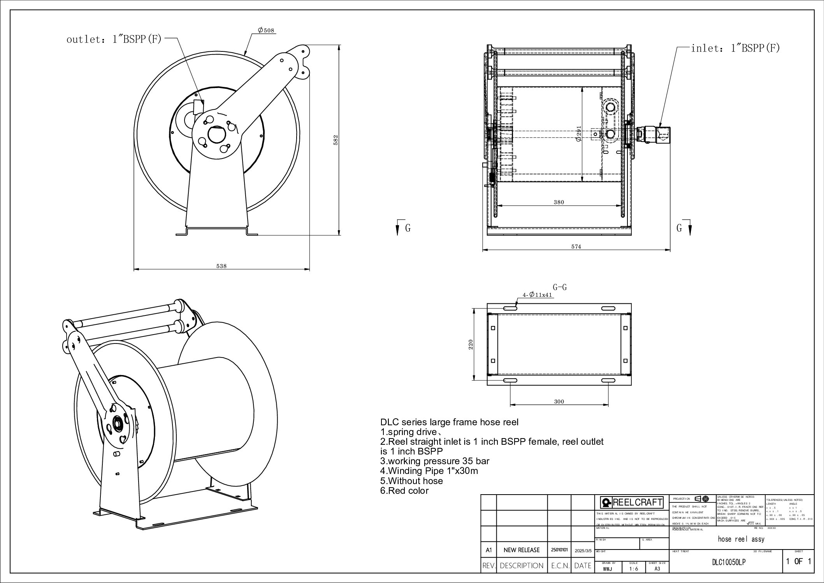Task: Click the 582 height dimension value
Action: tap(336, 140)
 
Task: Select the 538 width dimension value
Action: tap(221, 266)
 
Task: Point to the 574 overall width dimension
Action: tap(576, 247)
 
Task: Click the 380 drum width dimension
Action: tap(559, 202)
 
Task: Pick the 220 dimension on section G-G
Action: tap(471, 344)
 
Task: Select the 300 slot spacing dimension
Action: tap(559, 402)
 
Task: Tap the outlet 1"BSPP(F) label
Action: tap(114, 39)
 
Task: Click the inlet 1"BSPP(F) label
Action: tap(735, 49)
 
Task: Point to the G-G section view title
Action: tap(559, 287)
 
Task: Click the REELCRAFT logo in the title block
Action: tap(632, 503)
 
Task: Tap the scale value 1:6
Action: tap(633, 569)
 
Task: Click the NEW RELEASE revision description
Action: tap(522, 550)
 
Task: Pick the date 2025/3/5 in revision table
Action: tap(583, 550)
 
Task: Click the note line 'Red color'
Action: tap(404, 491)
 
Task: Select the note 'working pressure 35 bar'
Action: tap(434, 461)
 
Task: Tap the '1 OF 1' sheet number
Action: tap(798, 562)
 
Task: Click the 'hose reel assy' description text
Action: tap(741, 539)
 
